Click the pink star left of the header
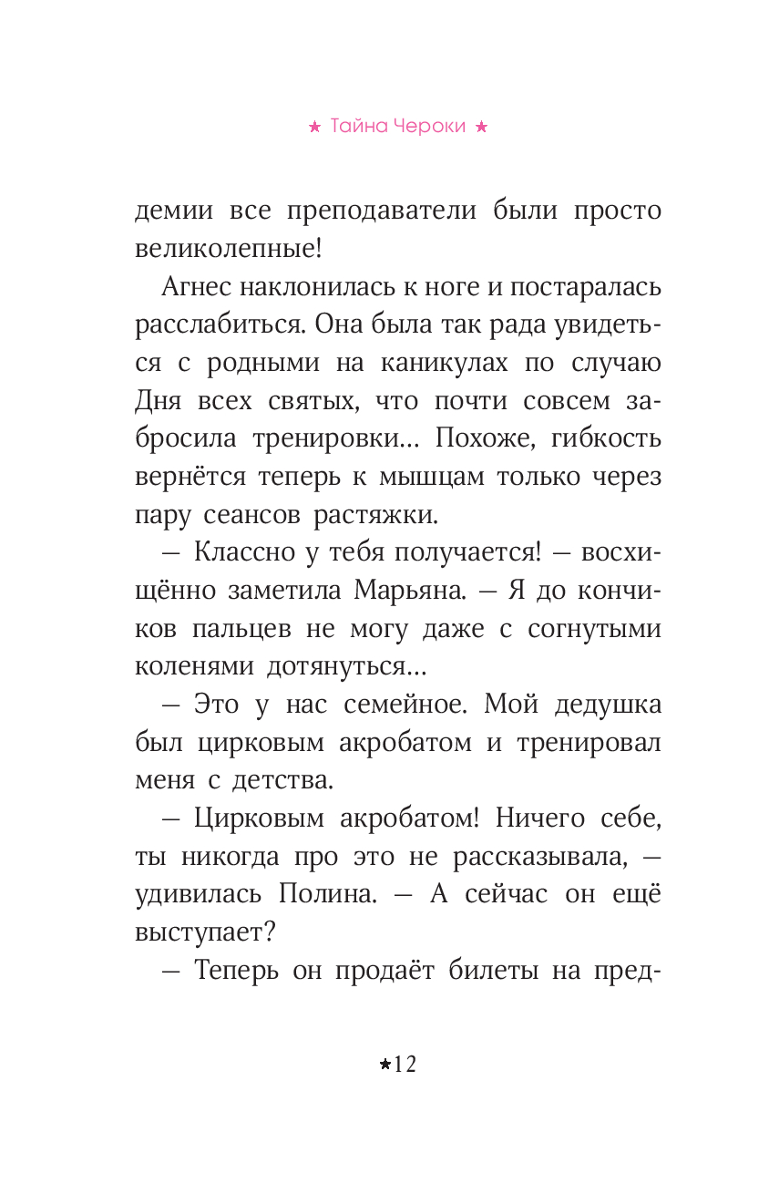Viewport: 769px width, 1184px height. point(314,129)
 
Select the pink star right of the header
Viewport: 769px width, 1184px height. point(482,129)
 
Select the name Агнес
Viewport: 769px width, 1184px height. point(196,287)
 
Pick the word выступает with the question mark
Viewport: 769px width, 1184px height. point(210,933)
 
